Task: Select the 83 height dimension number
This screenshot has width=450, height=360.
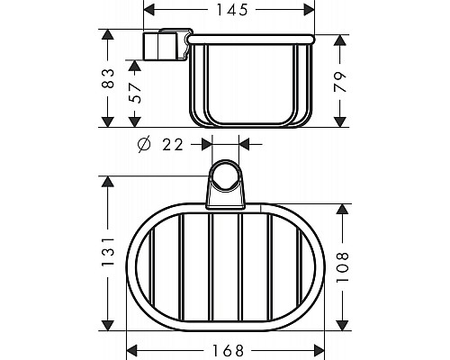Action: click(108, 79)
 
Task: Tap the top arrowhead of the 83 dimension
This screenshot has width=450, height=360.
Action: click(108, 35)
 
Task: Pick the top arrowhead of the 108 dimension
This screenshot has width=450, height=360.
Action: click(340, 209)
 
